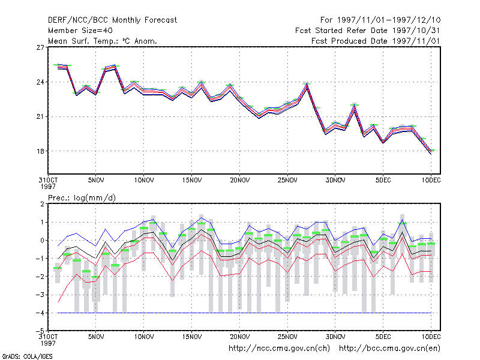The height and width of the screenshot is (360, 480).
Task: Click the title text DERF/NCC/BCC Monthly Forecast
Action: pos(112,20)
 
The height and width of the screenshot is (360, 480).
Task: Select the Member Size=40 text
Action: pos(80,31)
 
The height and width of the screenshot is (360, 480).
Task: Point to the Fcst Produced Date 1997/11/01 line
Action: pos(376,41)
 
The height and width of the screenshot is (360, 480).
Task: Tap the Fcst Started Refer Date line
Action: pos(367,31)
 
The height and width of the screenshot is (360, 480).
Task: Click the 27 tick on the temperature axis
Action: pos(40,47)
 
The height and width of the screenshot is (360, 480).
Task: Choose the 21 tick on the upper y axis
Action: pos(40,116)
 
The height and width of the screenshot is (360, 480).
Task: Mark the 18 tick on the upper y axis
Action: pos(40,151)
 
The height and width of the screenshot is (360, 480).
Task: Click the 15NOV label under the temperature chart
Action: pos(192,181)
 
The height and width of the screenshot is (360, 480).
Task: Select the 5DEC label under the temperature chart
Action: pos(383,181)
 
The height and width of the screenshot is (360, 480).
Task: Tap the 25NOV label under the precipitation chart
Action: pos(287,337)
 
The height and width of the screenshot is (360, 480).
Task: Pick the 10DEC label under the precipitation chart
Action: pos(431,337)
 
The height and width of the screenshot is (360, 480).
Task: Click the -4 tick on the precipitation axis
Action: pos(40,313)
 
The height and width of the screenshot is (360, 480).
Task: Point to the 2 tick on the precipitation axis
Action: pos(42,204)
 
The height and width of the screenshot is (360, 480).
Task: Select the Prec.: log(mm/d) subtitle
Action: pos(82,198)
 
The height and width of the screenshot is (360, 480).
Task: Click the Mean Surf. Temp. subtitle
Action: pos(103,41)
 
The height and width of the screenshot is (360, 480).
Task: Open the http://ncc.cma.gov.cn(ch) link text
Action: pos(279,349)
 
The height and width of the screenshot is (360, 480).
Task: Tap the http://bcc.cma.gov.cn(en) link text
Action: pos(389,349)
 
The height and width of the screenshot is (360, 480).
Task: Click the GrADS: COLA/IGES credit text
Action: pos(27,356)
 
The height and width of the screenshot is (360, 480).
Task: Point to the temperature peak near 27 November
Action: pos(307,83)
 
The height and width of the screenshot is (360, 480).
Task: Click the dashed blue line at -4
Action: pos(244,313)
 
